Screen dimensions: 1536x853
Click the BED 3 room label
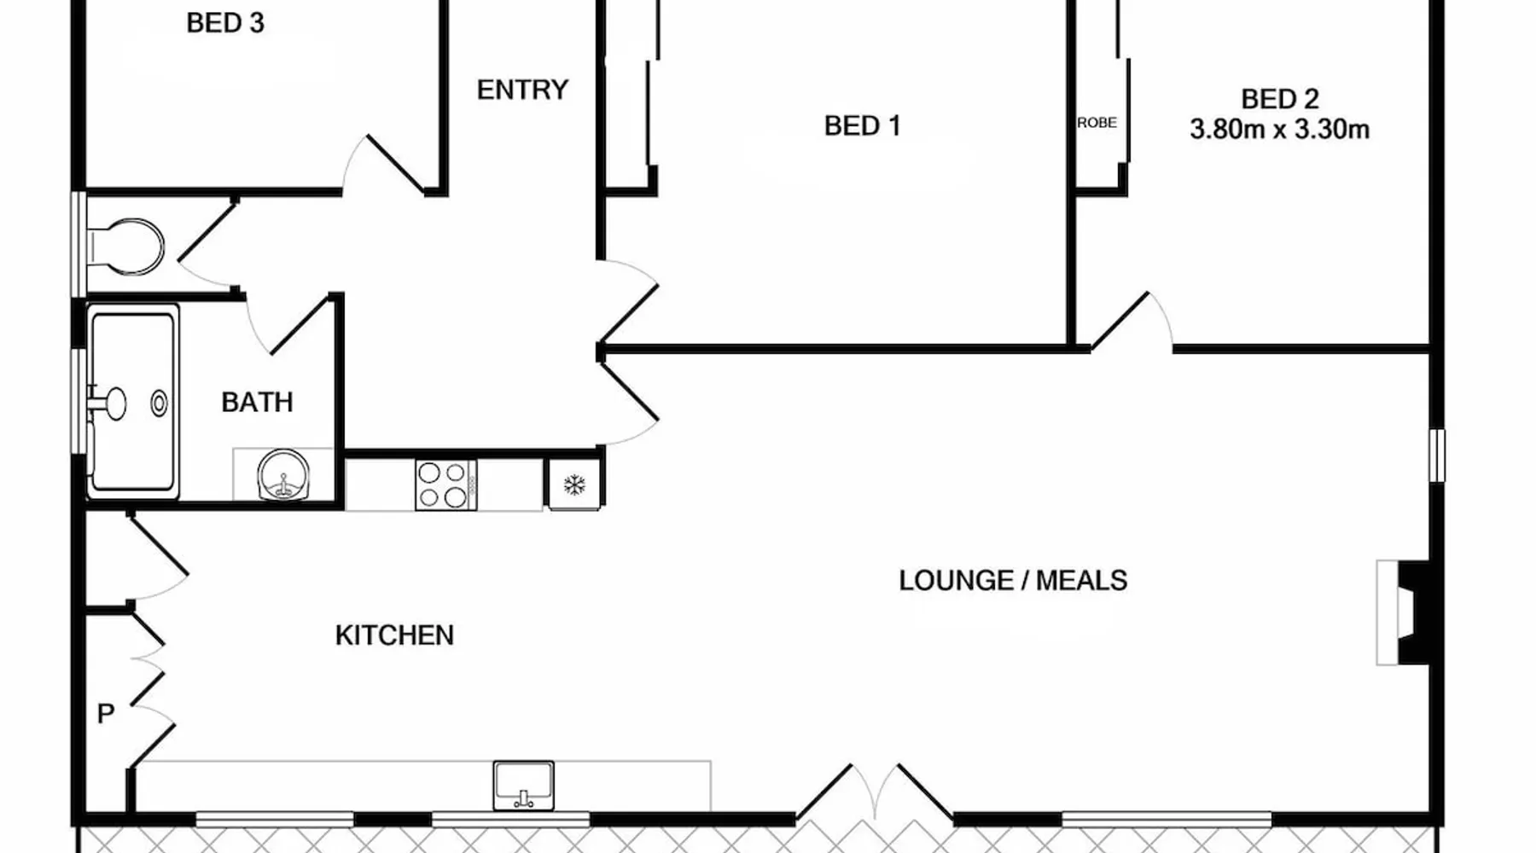(x=225, y=23)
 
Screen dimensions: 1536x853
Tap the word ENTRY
(x=522, y=90)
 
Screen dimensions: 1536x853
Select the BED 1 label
(x=862, y=126)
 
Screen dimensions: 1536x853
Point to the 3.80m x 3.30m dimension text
(x=1279, y=130)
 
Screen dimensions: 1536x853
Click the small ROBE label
(x=1097, y=123)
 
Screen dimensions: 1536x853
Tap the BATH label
(x=257, y=402)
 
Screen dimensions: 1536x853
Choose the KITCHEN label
(x=394, y=635)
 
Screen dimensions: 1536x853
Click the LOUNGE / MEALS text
(x=1013, y=581)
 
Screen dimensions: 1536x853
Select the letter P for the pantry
(x=106, y=713)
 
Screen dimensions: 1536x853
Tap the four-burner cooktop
(x=445, y=485)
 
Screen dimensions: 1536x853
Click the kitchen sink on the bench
(x=523, y=786)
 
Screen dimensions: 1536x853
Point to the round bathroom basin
(x=283, y=475)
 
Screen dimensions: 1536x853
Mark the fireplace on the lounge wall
(x=1404, y=612)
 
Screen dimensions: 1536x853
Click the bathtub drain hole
(x=160, y=403)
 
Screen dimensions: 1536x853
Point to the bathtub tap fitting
(x=107, y=403)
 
